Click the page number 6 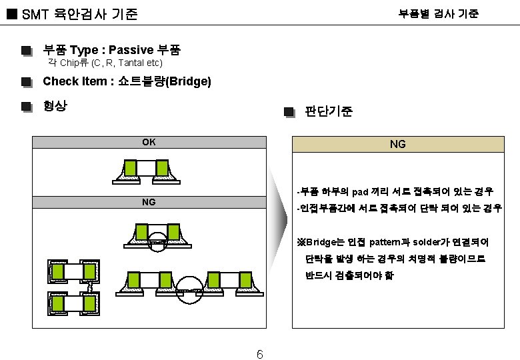pyautogui.click(x=260, y=354)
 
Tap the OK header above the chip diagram pyautogui.click(x=149, y=141)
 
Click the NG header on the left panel pyautogui.click(x=149, y=201)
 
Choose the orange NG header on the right pyautogui.click(x=397, y=143)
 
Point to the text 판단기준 pyautogui.click(x=328, y=111)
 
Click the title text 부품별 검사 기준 pyautogui.click(x=438, y=13)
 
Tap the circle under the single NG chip pyautogui.click(x=157, y=241)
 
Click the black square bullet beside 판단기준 pyautogui.click(x=288, y=112)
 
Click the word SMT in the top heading pyautogui.click(x=31, y=13)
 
